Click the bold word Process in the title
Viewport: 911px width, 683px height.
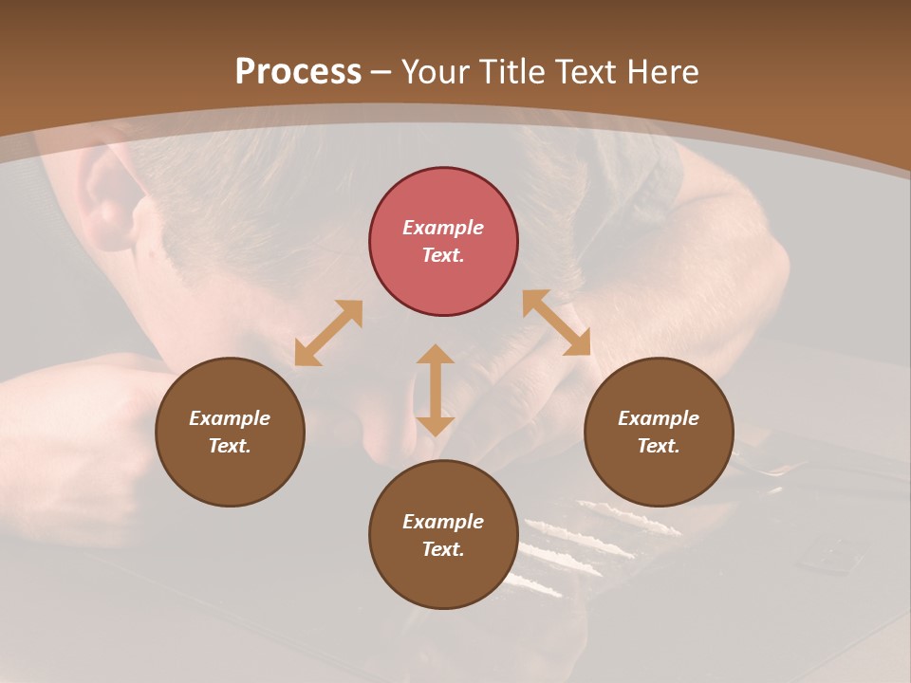298,72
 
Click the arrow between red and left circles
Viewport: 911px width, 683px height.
328,333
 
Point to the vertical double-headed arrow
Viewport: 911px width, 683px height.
436,390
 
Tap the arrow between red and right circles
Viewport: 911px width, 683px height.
556,323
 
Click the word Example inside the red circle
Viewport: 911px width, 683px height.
443,228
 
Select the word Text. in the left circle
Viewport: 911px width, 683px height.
230,446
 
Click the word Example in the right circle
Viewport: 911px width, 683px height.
659,418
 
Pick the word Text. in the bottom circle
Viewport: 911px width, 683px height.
443,549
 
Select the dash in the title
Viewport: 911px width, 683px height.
381,72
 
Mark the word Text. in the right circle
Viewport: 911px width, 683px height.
659,446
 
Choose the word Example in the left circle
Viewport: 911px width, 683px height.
230,418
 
